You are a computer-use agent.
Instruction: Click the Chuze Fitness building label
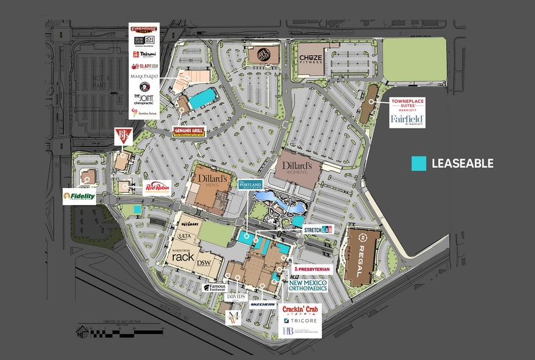[x=310, y=59]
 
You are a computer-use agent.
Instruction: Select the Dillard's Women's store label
[x=297, y=167]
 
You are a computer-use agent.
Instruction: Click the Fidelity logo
[x=80, y=197]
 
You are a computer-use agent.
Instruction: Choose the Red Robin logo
[x=156, y=188]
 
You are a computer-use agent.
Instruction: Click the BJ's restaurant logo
[x=122, y=137]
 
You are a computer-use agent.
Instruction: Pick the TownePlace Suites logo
[x=408, y=104]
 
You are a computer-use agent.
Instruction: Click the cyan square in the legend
[x=419, y=163]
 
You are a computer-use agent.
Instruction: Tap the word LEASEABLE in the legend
[x=462, y=163]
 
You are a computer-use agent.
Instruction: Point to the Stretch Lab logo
[x=318, y=230]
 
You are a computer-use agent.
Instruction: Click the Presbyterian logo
[x=313, y=269]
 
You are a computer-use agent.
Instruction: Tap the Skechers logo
[x=263, y=304]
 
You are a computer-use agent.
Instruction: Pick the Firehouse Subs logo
[x=144, y=29]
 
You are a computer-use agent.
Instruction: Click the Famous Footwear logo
[x=215, y=287]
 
